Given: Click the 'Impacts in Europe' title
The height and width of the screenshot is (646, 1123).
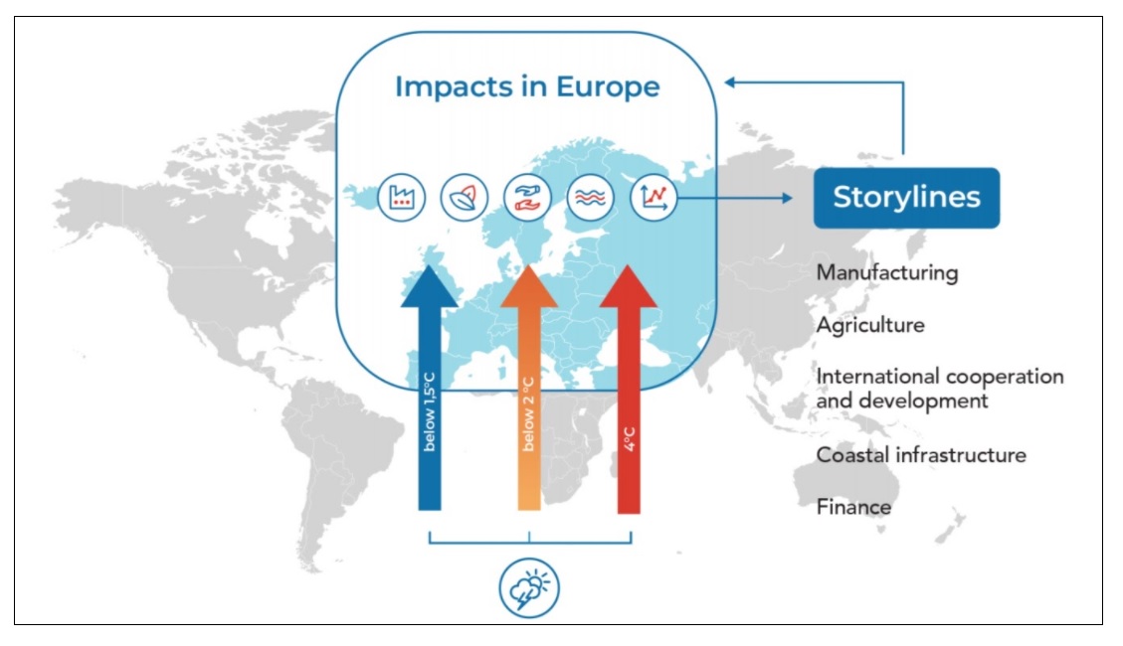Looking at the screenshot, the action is click(x=527, y=86).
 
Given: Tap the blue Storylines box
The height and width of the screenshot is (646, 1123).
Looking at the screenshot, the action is click(x=906, y=198).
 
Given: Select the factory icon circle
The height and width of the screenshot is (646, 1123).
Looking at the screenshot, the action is click(x=401, y=197).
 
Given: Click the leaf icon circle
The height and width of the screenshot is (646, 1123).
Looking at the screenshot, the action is click(x=465, y=197).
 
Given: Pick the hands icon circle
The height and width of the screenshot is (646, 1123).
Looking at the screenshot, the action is click(x=527, y=197).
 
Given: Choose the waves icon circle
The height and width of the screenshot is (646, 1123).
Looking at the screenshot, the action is click(x=590, y=197).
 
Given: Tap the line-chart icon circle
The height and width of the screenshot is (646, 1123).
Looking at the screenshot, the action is click(x=654, y=197).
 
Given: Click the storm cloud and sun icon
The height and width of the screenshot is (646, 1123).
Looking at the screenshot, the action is click(x=529, y=588).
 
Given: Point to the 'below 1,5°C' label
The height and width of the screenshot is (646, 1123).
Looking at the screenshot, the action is click(x=429, y=411).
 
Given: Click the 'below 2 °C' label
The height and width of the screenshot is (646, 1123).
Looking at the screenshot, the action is click(x=528, y=413).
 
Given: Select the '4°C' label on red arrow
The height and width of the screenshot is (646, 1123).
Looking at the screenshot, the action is click(x=629, y=438).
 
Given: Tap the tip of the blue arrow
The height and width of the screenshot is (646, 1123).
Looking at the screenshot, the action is click(x=429, y=265).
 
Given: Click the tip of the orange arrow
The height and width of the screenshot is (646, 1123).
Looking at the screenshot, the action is click(x=528, y=265).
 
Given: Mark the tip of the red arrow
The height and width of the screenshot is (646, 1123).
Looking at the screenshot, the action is click(x=628, y=265).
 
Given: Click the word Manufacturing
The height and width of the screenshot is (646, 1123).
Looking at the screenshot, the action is click(x=886, y=273).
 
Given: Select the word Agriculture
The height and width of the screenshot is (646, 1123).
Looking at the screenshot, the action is click(x=870, y=326).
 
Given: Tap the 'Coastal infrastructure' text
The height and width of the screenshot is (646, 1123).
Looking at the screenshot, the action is click(x=921, y=455).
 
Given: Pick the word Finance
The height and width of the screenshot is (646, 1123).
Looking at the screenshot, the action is click(x=853, y=507).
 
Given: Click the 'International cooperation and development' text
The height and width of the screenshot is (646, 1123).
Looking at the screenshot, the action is click(x=940, y=389).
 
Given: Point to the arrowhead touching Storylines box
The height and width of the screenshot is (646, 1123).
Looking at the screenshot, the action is click(x=788, y=198).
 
